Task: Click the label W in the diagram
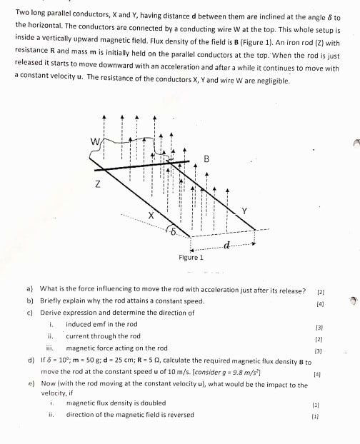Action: [x=94, y=141]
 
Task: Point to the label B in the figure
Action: [x=206, y=159]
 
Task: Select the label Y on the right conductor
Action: [x=244, y=211]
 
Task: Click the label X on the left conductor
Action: [x=151, y=215]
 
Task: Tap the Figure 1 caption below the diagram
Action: [x=191, y=257]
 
